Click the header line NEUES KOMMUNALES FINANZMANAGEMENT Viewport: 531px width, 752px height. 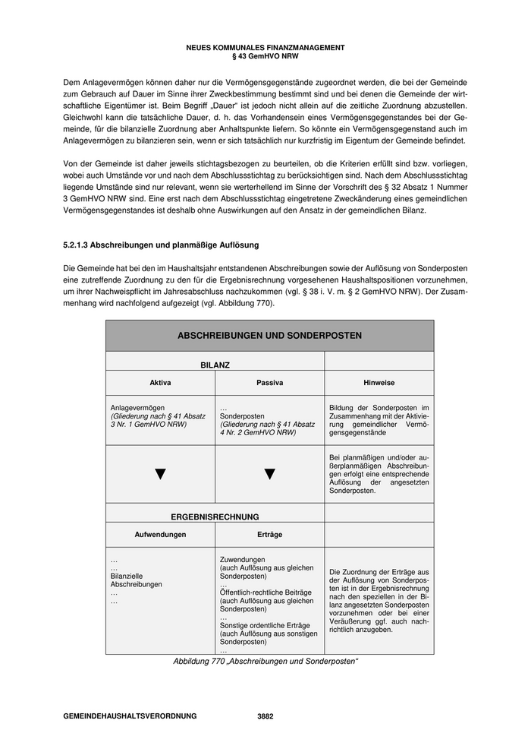click(265, 48)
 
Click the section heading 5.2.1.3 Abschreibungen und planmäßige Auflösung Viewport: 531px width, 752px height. click(161, 245)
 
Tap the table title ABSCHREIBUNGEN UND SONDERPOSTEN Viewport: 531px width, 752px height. click(269, 335)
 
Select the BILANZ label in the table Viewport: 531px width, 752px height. click(215, 365)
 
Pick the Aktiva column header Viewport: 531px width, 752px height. click(160, 383)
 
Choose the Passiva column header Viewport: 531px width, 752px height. click(269, 383)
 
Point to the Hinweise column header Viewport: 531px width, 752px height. click(379, 383)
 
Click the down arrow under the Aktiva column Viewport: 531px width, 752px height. click(160, 474)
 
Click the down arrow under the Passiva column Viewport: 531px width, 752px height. click(269, 474)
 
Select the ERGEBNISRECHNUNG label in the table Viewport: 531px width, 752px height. click(215, 517)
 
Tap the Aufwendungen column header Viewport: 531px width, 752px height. click(160, 535)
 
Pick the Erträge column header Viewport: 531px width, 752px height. click(269, 535)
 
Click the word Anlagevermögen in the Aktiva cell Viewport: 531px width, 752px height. click(137, 408)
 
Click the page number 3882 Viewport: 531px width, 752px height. click(265, 716)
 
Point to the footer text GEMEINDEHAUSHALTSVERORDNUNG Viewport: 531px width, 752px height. click(130, 716)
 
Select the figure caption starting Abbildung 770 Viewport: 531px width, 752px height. click(265, 662)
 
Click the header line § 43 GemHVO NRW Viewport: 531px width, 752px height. click(265, 56)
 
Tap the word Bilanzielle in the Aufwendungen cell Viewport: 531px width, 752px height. click(127, 576)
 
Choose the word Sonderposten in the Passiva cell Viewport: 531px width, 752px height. click(242, 416)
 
